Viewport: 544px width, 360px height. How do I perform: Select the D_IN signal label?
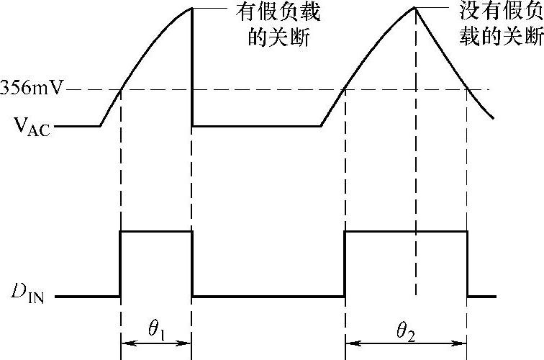tap(29, 295)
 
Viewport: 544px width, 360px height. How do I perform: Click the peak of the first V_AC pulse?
tap(191, 8)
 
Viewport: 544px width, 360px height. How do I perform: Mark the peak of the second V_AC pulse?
tap(415, 8)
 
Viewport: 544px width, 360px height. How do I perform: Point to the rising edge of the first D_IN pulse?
tap(120, 264)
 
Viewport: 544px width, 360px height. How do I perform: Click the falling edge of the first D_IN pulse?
tap(191, 264)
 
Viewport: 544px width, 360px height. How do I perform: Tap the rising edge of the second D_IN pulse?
tap(345, 264)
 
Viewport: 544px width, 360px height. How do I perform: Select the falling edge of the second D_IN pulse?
tap(467, 264)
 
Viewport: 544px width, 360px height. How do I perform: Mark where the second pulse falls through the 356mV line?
tap(467, 90)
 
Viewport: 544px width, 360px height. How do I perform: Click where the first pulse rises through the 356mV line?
tap(120, 90)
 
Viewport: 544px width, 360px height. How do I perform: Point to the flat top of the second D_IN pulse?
tap(407, 231)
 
